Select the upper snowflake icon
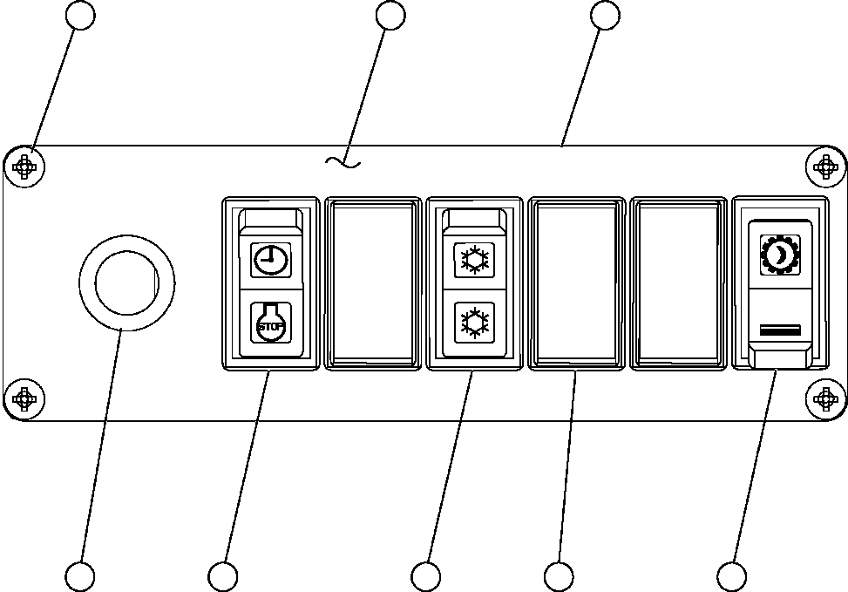point(474,259)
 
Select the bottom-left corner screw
point(28,399)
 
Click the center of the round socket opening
point(126,282)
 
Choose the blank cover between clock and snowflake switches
point(372,283)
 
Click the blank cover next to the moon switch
point(679,283)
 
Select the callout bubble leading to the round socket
point(80,576)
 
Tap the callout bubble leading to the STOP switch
point(223,576)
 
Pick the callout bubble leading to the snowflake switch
point(426,576)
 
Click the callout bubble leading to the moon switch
point(731,576)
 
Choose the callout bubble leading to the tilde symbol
point(390,15)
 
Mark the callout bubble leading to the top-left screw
point(81,15)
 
